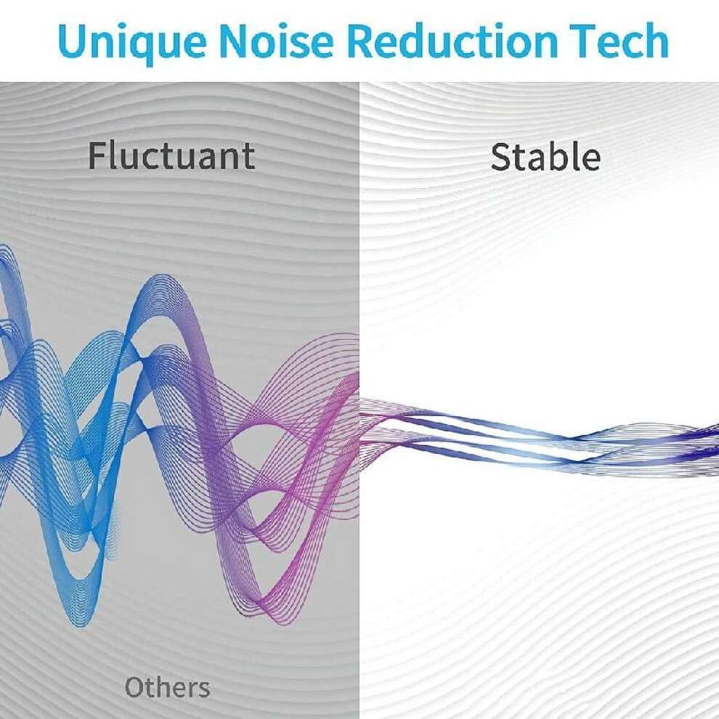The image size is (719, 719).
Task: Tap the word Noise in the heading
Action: [x=275, y=41]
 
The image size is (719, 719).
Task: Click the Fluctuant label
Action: [x=171, y=156]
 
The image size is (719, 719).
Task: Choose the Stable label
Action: [x=545, y=157]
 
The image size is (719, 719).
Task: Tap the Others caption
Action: [x=167, y=687]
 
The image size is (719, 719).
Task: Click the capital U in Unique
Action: [x=73, y=41]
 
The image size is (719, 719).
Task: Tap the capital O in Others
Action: [x=137, y=687]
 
